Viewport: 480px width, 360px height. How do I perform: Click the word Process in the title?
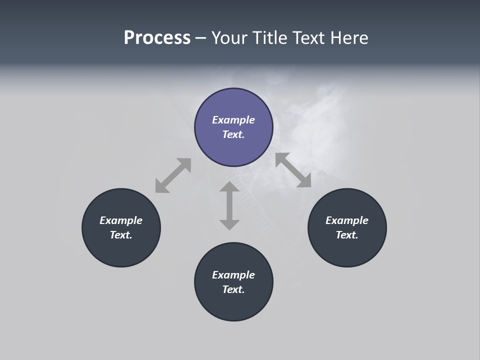pos(157,38)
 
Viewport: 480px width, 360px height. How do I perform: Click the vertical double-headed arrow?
pos(229,205)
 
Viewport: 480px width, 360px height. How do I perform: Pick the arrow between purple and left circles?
pos(173,175)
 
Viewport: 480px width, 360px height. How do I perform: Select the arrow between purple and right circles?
pos(293,170)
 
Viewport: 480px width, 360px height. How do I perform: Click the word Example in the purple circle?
pos(233,120)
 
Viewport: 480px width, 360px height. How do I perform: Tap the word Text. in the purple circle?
pos(233,134)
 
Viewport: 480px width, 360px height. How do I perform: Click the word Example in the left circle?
pos(121,220)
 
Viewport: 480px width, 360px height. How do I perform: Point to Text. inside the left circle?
pos(121,235)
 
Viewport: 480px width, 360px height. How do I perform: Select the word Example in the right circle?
pos(347,220)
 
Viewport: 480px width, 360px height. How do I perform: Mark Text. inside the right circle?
pos(347,235)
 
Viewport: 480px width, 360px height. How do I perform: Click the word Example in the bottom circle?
pos(233,275)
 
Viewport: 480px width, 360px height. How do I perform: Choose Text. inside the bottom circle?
pos(233,289)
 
